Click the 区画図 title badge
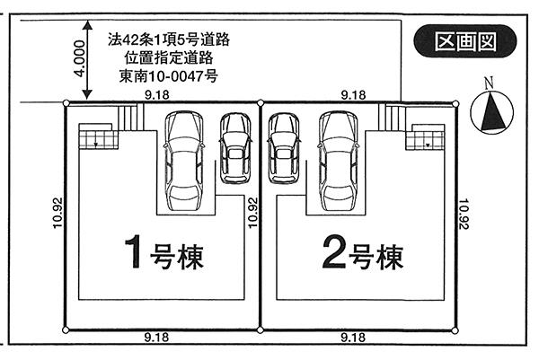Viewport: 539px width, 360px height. coord(465,40)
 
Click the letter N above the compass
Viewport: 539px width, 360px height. coord(489,83)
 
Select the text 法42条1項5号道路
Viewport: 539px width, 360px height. coord(168,40)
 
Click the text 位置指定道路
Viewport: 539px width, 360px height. coord(168,57)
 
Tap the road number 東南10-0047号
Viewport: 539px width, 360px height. coord(168,76)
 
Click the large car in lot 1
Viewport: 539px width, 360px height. coord(187,154)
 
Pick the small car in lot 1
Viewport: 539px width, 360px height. coord(236,147)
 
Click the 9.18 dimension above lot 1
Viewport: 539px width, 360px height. coord(158,92)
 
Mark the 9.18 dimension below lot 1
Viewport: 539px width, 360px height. coord(158,338)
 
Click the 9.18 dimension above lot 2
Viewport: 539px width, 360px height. coord(353,92)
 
